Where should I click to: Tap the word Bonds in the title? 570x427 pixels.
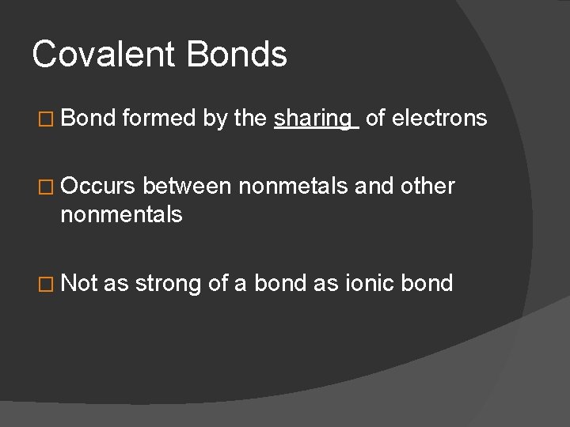[237, 55]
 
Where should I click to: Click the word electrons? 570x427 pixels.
[439, 118]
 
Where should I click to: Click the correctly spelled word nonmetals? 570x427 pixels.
[287, 187]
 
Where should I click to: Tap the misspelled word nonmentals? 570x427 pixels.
[121, 213]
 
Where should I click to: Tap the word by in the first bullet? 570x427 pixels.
[214, 119]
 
